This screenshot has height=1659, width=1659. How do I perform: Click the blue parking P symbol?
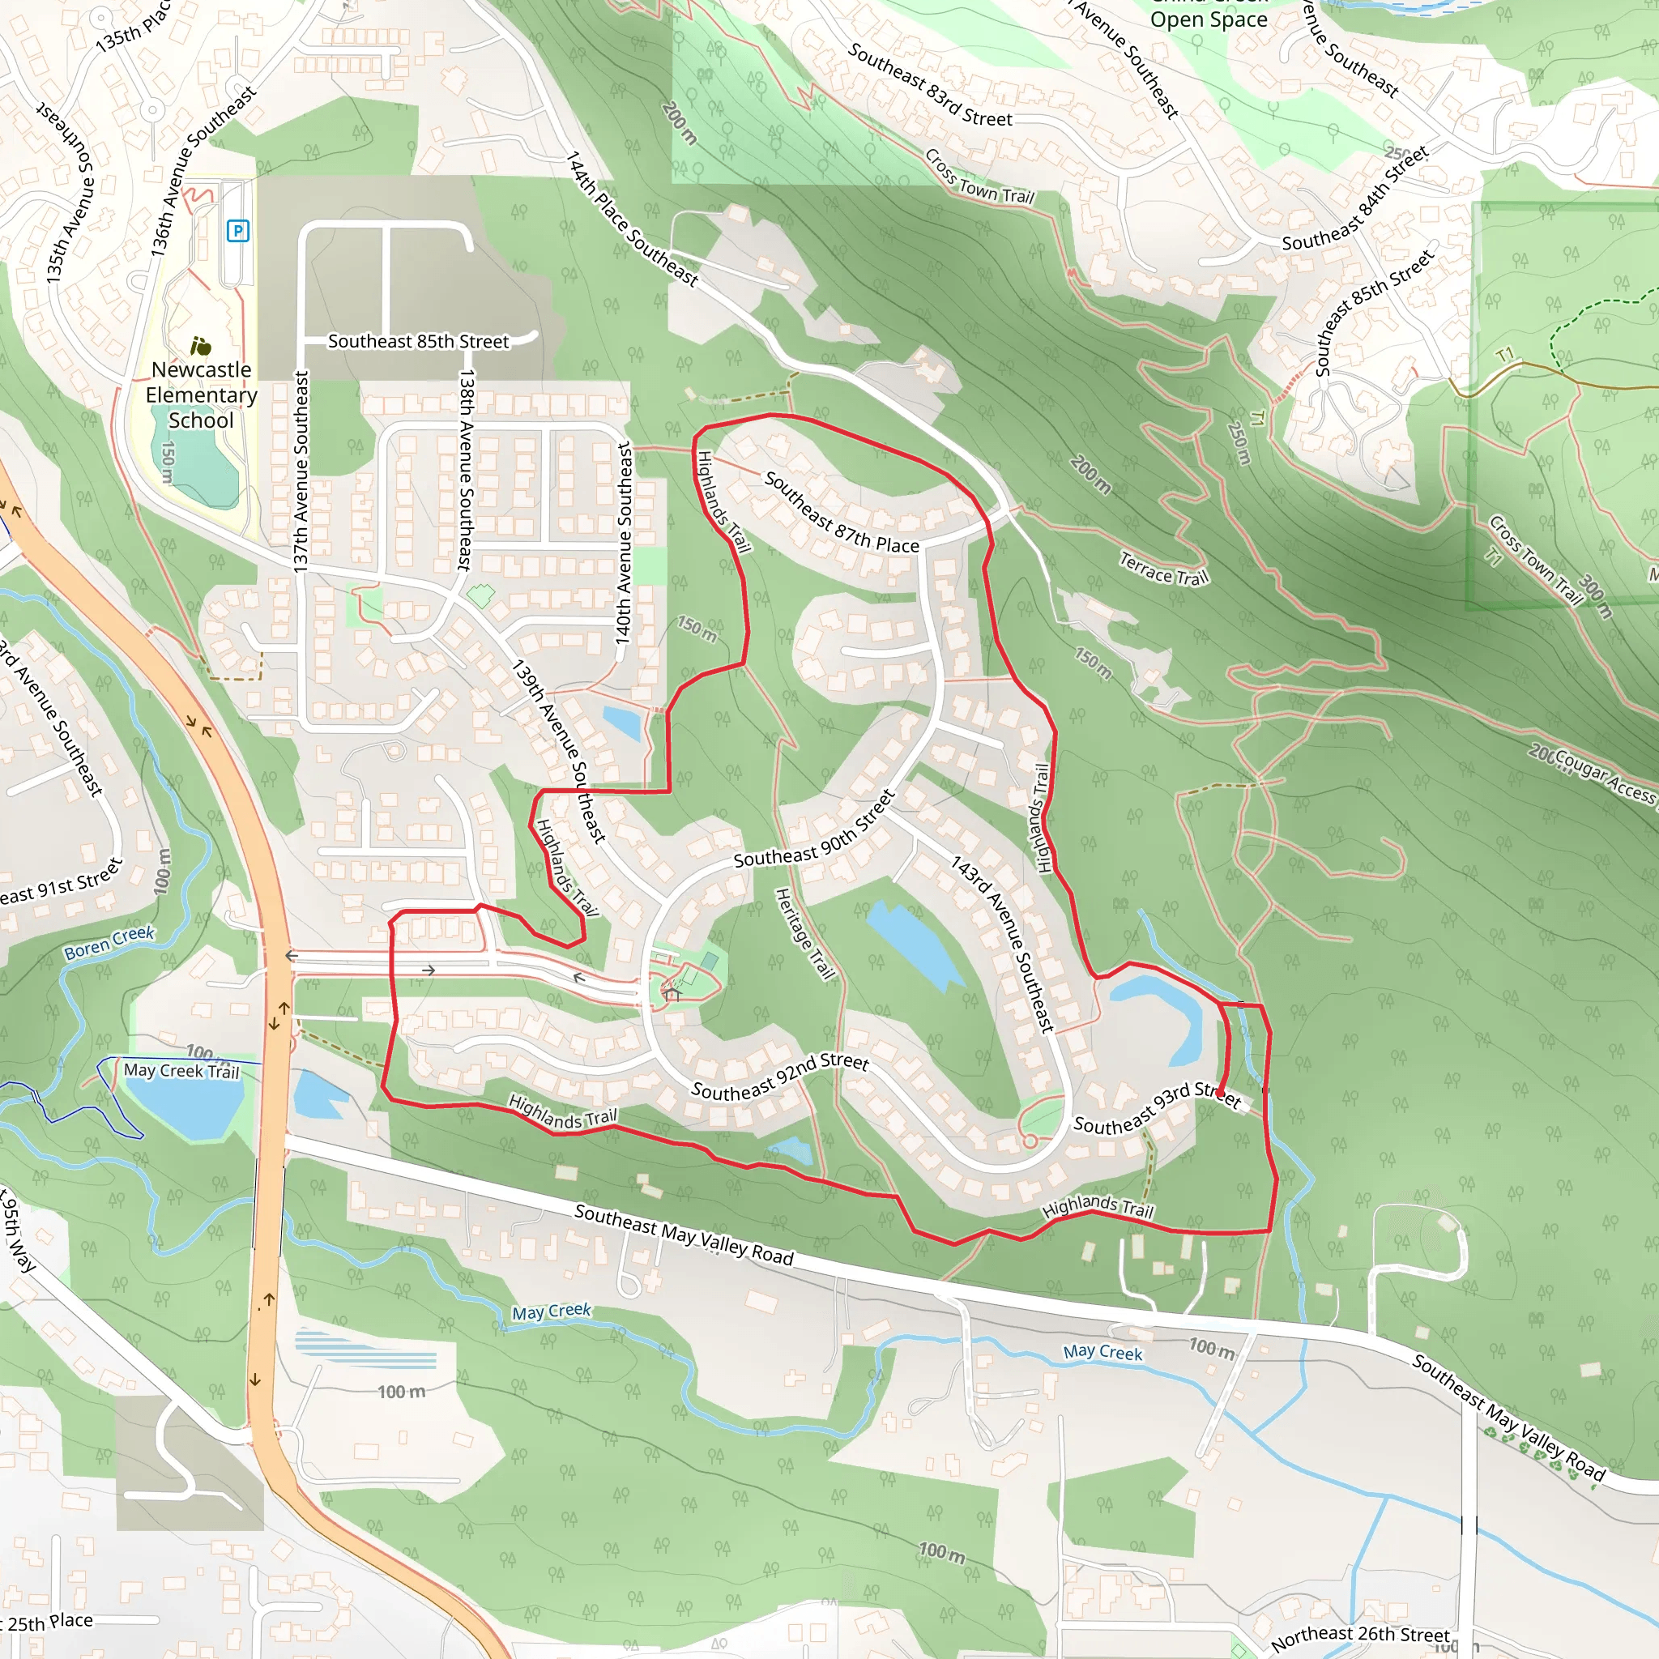tap(238, 230)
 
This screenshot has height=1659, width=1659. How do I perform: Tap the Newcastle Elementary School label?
tap(201, 395)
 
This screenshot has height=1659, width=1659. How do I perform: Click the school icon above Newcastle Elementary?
tap(200, 346)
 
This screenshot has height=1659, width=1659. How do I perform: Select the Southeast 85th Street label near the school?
tap(418, 341)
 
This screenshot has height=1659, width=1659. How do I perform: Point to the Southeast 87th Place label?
tap(841, 513)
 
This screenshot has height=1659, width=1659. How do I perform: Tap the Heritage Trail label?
tap(804, 934)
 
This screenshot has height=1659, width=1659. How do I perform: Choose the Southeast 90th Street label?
tap(814, 830)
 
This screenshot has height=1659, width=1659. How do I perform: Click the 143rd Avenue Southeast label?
tap(1002, 944)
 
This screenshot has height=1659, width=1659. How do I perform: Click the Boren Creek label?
tap(109, 942)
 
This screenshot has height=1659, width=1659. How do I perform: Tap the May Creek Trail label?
tap(181, 1071)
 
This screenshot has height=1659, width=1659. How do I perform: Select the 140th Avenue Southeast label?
tap(625, 543)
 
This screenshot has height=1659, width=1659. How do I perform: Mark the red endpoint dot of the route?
tap(1221, 1093)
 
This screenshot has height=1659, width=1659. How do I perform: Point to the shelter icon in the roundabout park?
tap(672, 995)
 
